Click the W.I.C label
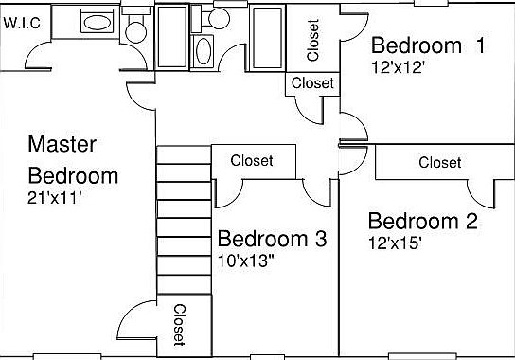(22, 23)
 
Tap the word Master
(62, 145)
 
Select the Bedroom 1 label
(427, 45)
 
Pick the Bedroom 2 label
(422, 222)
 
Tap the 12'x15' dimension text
(395, 243)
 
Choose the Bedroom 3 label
(272, 239)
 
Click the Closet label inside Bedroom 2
(439, 163)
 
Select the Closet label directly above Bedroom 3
(252, 161)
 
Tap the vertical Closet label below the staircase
(178, 325)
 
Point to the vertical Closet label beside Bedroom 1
(313, 38)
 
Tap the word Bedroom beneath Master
(73, 176)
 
